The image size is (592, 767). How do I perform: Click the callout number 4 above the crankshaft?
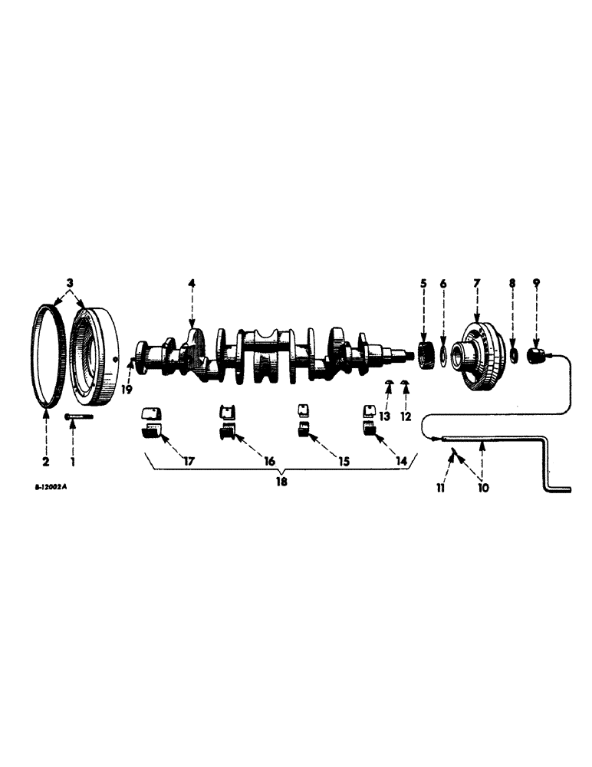[192, 284]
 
